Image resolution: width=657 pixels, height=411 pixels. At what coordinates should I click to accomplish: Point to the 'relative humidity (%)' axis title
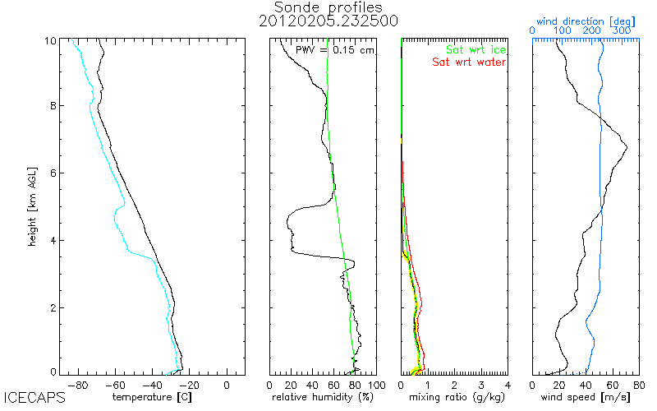click(324, 398)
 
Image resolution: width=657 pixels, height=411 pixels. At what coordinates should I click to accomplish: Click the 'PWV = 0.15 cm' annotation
click(334, 50)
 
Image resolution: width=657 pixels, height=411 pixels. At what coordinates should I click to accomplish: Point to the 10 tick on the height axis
click(50, 40)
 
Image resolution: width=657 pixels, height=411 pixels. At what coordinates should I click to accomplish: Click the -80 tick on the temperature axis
click(78, 384)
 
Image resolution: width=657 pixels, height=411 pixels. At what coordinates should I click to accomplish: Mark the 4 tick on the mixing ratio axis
click(508, 384)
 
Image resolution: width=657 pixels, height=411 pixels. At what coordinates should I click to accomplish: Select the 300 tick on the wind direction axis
click(622, 30)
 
